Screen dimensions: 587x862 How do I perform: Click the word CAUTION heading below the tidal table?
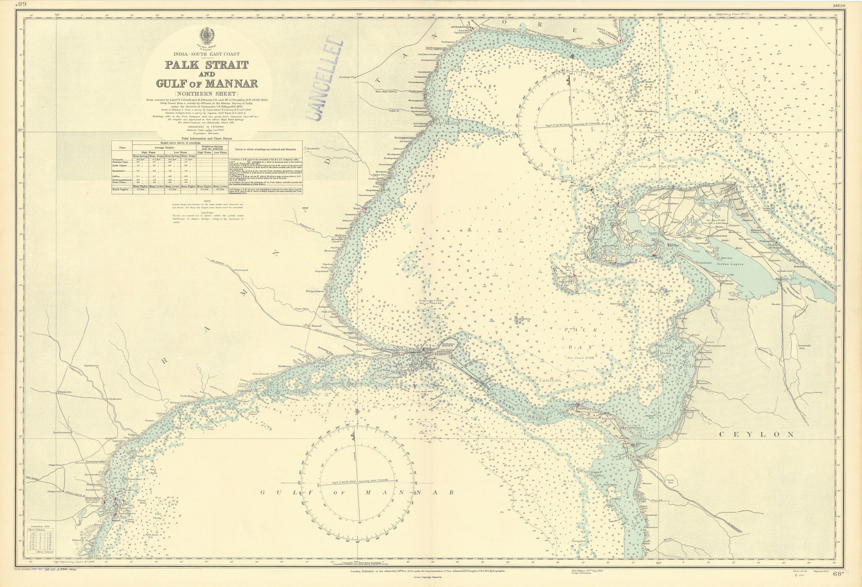206,213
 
